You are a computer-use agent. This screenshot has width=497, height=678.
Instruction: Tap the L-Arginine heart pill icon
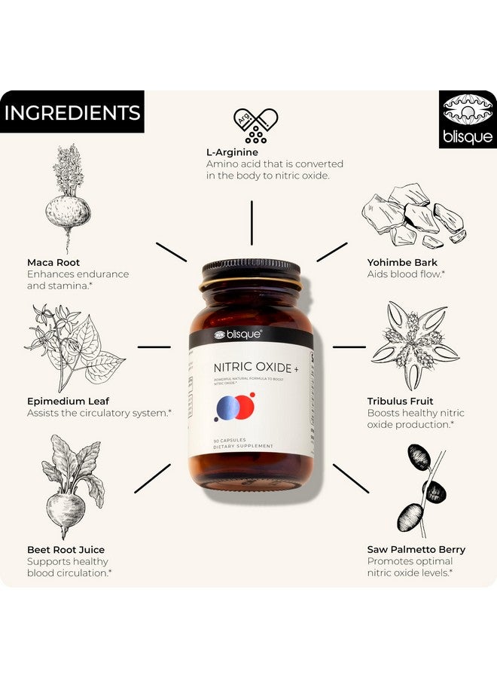coord(255,125)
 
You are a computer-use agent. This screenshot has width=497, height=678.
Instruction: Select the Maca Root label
coord(53,263)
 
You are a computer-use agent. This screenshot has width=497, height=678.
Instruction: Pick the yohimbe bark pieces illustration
coord(413,215)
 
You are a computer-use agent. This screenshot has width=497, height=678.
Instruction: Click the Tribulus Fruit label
coord(400,402)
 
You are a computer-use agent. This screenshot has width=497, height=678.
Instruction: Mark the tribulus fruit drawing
coord(414,346)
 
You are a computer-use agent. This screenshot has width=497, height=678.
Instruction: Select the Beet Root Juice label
coord(66,550)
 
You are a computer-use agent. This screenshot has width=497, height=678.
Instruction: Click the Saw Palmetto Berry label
coord(416,550)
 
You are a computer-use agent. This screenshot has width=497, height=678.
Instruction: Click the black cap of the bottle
coord(252,270)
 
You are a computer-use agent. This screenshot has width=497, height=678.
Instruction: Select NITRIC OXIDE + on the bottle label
coord(251,367)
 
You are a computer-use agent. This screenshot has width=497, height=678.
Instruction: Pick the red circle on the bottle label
coord(245,406)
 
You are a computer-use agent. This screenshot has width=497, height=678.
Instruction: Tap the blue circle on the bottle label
coord(228,408)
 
